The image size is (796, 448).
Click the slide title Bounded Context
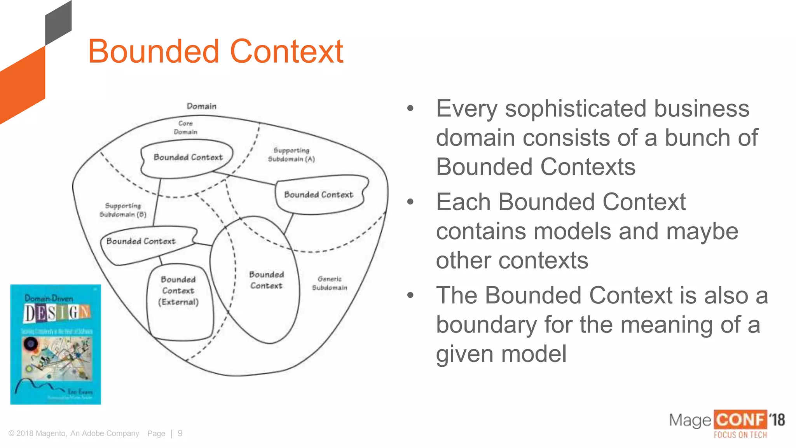(215, 51)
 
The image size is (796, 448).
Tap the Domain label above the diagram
(201, 106)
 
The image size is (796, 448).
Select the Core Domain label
(185, 128)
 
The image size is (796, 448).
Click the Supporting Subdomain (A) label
(291, 155)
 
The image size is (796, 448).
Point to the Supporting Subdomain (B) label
(123, 210)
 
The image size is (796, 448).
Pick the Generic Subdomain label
(330, 283)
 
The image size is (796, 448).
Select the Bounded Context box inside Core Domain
(188, 157)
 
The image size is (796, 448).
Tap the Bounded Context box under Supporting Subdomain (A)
(319, 194)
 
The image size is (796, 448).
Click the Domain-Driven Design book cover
(56, 345)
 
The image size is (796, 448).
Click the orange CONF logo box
(740, 420)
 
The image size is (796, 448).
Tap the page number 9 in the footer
(180, 433)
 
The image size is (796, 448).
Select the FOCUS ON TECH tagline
(740, 435)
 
